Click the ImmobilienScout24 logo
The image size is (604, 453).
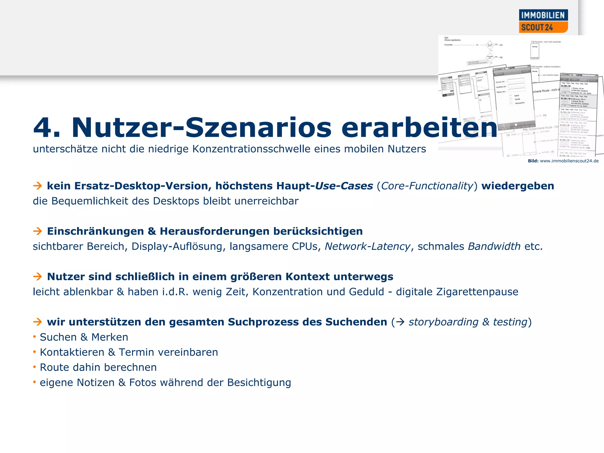click(x=543, y=21)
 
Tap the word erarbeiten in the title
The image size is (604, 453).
click(x=419, y=128)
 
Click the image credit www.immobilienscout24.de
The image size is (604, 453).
click(x=569, y=161)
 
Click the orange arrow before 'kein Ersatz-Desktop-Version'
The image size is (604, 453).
click(x=37, y=186)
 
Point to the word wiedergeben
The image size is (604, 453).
click(x=518, y=186)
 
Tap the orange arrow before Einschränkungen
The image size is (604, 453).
click(x=37, y=231)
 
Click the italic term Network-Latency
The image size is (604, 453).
click(x=367, y=246)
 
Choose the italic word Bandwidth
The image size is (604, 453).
click(x=494, y=246)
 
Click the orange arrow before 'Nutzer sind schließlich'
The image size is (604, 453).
click(x=37, y=277)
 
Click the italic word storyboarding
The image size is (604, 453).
click(x=443, y=322)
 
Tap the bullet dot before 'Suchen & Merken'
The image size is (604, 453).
click(x=35, y=337)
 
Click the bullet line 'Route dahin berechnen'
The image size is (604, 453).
click(x=98, y=367)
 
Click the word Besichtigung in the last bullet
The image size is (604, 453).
click(x=259, y=383)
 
